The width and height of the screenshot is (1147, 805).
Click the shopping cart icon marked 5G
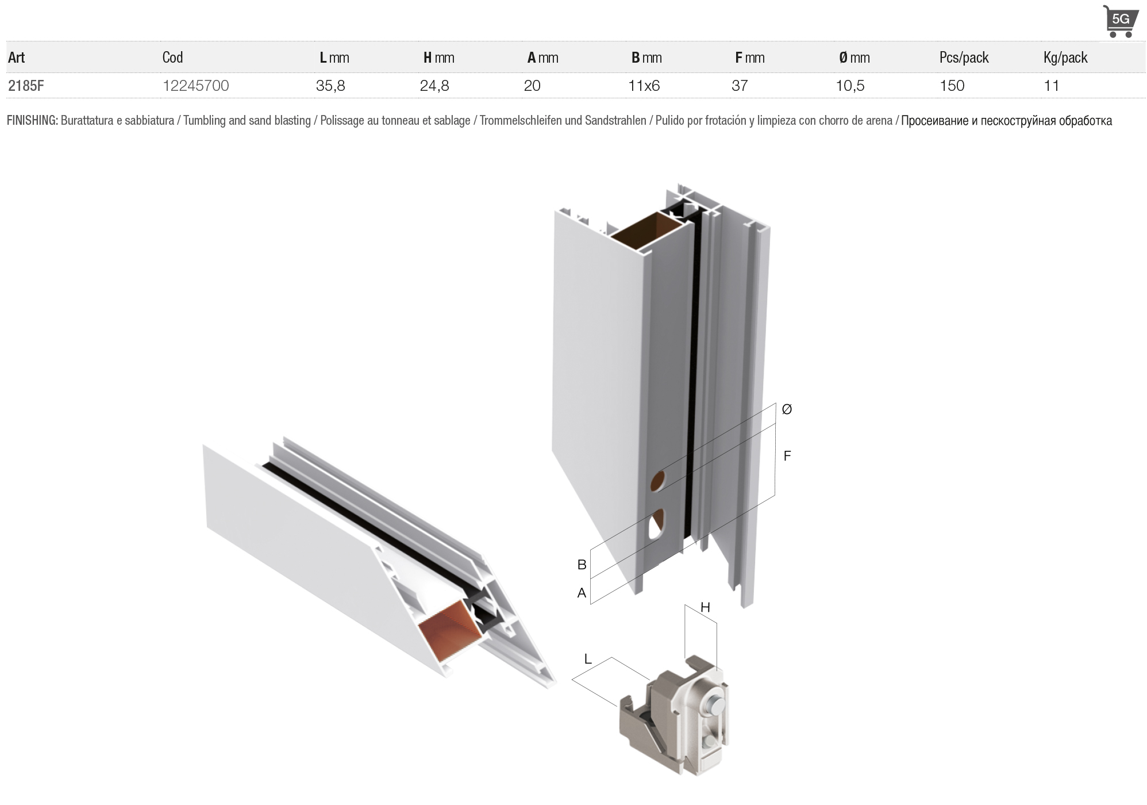coord(1120,21)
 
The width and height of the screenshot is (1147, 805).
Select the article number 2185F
coord(26,86)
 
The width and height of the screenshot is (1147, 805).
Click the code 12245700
coord(195,86)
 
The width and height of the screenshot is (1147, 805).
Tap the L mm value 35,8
coord(330,86)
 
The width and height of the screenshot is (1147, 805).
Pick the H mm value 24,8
coord(434,86)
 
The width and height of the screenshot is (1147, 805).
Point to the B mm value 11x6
coord(644,86)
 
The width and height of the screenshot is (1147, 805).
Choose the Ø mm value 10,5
coord(850,86)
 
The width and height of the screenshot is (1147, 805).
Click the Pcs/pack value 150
coord(952,86)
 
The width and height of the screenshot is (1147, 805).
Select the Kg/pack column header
coord(1065,57)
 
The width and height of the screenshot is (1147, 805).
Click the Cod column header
coord(172,57)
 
